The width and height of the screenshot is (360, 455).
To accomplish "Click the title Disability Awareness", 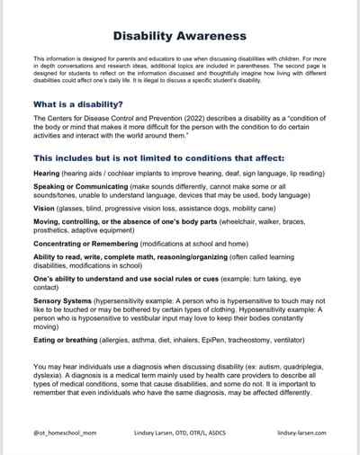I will pos(179,36).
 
